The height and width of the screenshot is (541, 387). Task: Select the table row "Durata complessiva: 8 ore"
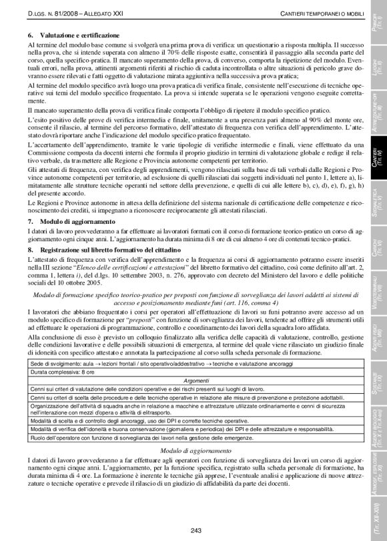61,374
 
